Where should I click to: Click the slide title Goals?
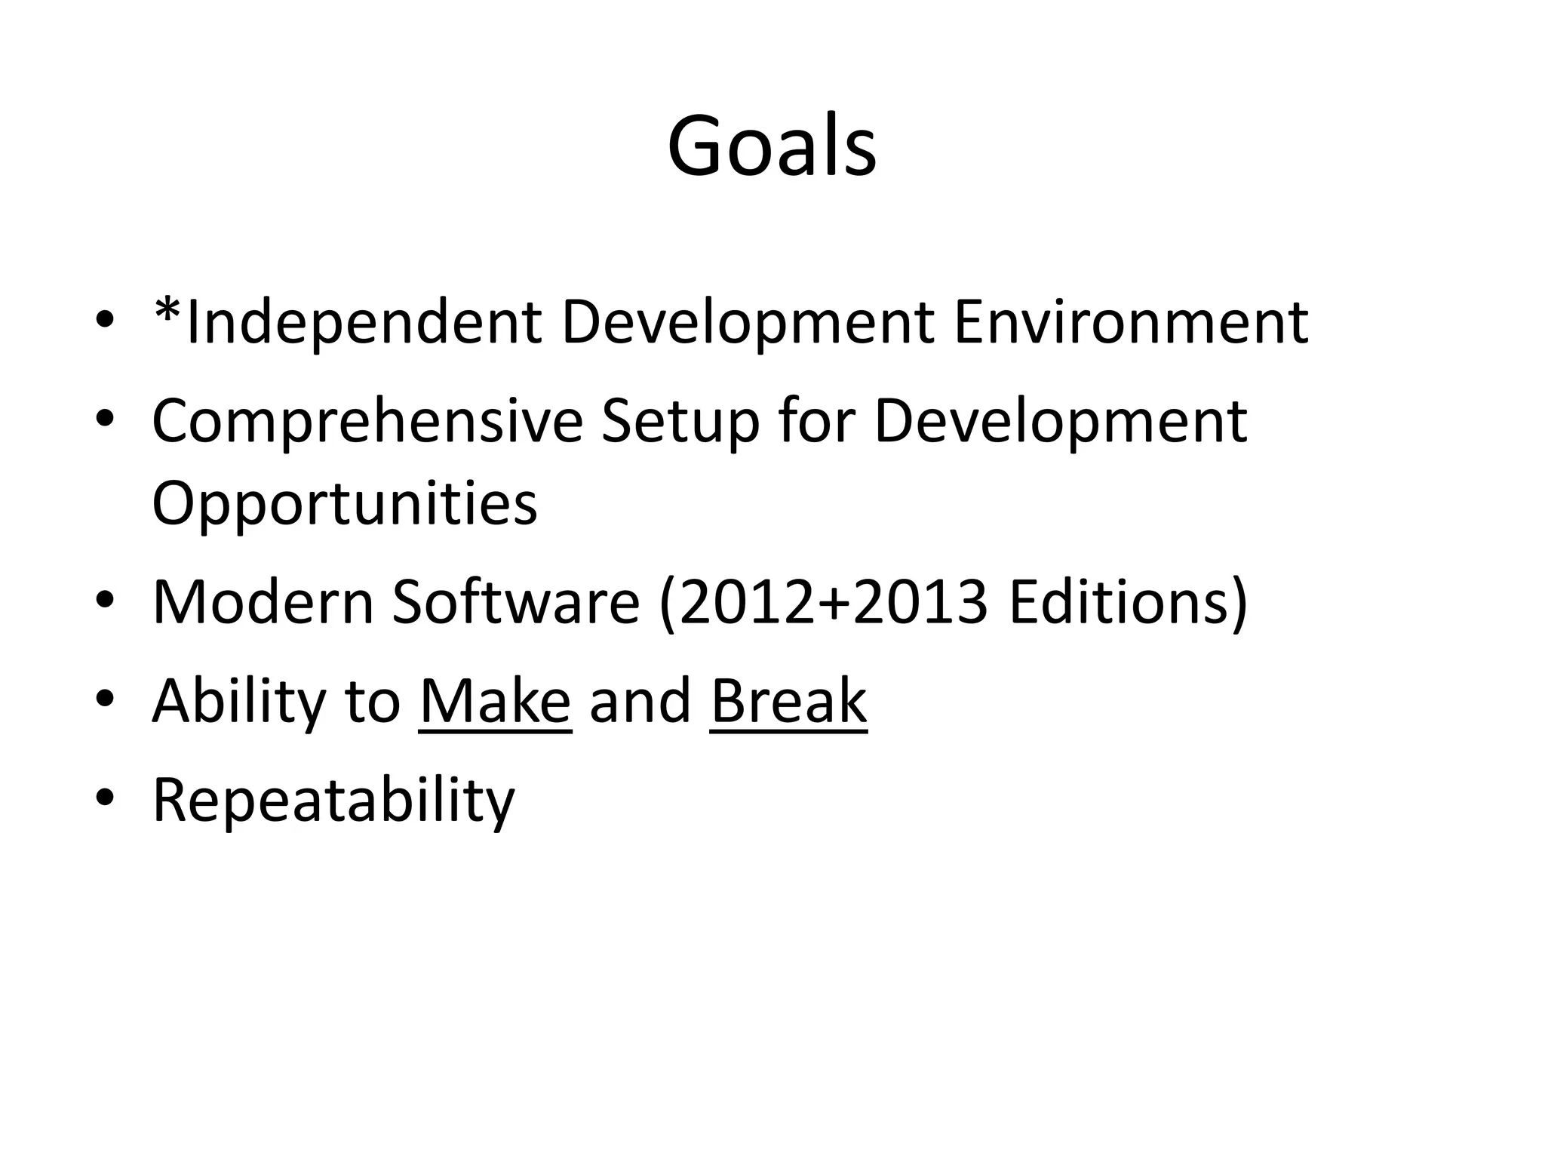[771, 146]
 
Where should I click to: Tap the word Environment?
[1131, 323]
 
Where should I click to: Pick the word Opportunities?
[345, 504]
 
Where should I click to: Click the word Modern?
[263, 602]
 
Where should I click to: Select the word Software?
[515, 602]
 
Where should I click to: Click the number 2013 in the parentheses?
[919, 602]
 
